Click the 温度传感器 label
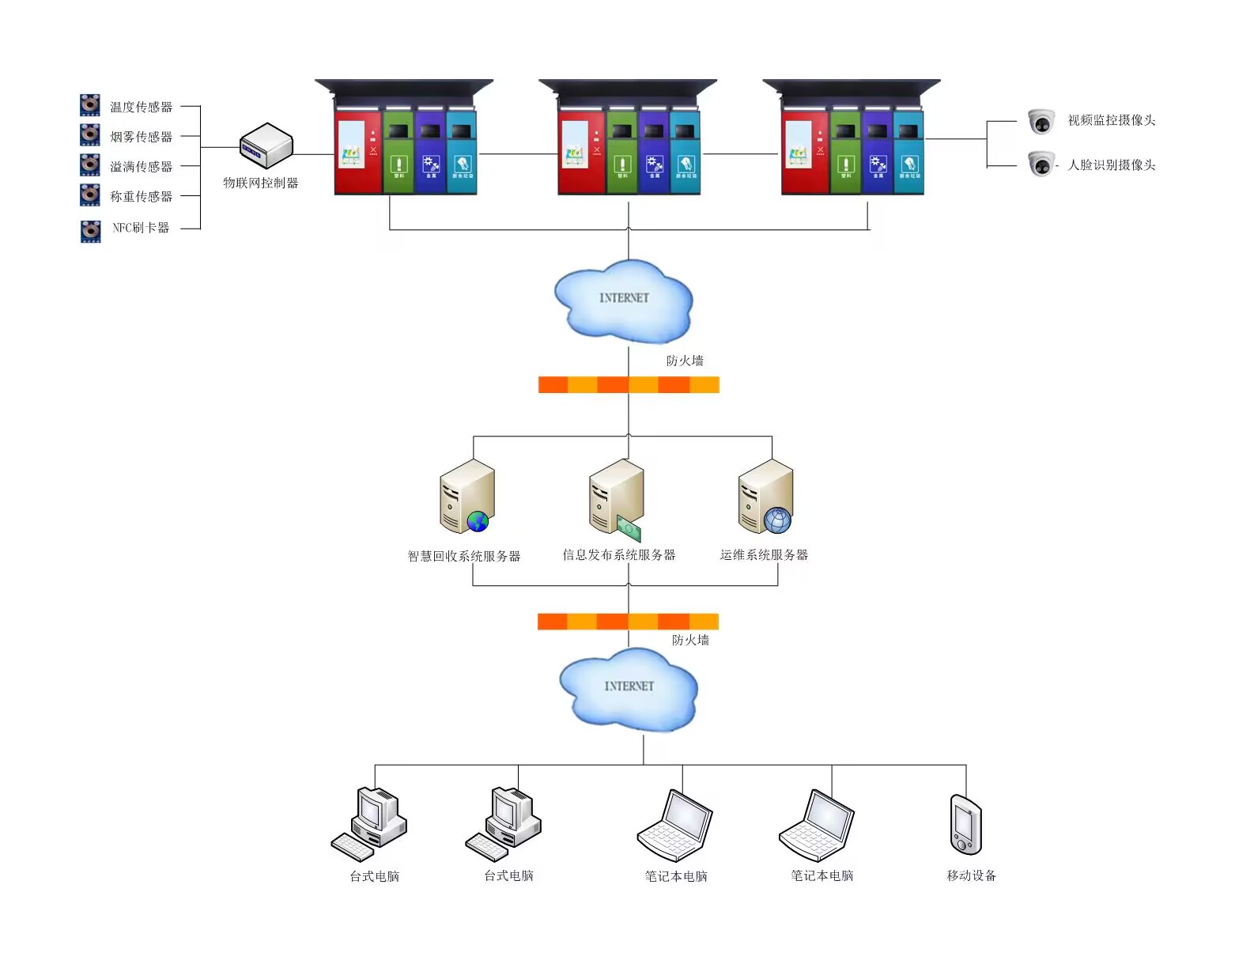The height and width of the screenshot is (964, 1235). (x=141, y=107)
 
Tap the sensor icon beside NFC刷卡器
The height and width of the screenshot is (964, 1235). (x=90, y=231)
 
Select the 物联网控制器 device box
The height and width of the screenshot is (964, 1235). (x=266, y=146)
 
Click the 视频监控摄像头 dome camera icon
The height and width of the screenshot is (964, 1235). (x=1041, y=122)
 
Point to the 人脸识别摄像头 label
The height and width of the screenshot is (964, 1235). (x=1111, y=165)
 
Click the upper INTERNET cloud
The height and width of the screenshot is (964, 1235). (x=623, y=301)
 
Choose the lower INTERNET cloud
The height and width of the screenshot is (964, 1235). (x=629, y=688)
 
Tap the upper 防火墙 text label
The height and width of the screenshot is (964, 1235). (x=685, y=361)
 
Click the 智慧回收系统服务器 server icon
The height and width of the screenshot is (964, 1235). (x=466, y=497)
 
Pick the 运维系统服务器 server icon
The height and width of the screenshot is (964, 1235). (x=765, y=497)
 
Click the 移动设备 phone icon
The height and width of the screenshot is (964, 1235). (x=965, y=825)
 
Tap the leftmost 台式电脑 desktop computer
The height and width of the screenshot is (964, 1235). (x=369, y=823)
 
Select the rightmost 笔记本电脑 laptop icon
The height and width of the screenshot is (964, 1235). (x=817, y=826)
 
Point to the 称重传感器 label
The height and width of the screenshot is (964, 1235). (x=141, y=196)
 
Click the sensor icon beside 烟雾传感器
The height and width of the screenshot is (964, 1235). (x=90, y=135)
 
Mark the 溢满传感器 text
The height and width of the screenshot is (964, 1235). (x=141, y=167)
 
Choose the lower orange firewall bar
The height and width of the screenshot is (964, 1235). (x=628, y=622)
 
